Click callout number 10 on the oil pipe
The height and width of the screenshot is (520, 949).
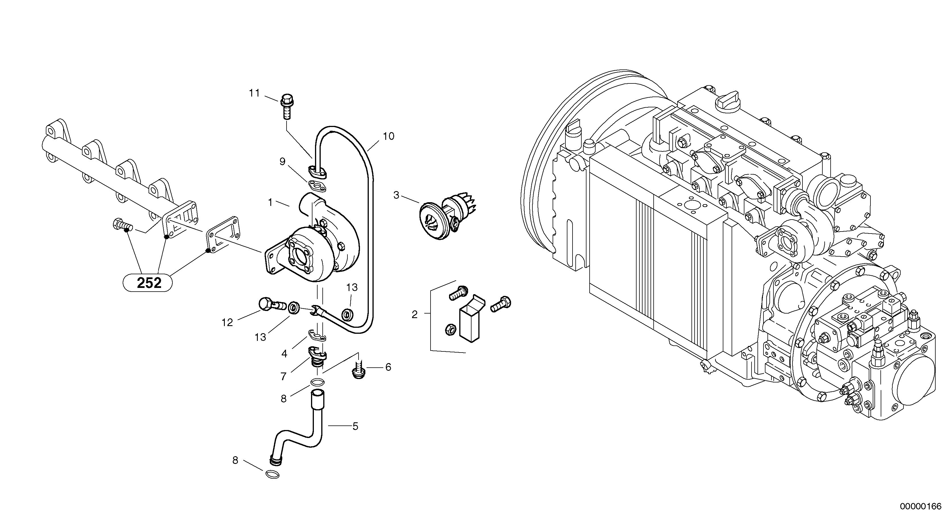(x=389, y=136)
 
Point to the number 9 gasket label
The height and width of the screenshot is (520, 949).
(x=283, y=161)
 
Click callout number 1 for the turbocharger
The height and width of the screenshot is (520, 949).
(x=270, y=202)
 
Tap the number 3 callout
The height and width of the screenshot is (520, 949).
(x=396, y=195)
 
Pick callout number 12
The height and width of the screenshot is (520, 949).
(x=227, y=322)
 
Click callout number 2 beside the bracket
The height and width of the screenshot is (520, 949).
(x=414, y=315)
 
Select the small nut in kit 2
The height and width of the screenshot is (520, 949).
(x=450, y=329)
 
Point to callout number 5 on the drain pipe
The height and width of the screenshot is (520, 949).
(x=355, y=426)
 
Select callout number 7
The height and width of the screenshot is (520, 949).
(x=283, y=376)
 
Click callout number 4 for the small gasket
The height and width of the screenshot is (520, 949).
(x=284, y=354)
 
